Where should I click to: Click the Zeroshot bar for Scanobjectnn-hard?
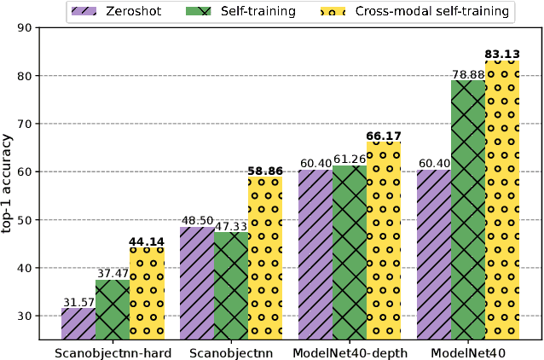click(x=78, y=323)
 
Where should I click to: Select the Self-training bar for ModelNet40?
click(x=468, y=210)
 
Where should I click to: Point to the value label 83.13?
click(x=502, y=55)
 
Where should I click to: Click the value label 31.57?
click(x=78, y=302)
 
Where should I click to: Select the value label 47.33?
click(x=230, y=225)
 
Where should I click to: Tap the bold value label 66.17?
click(x=383, y=136)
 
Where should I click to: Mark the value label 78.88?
click(x=468, y=75)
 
